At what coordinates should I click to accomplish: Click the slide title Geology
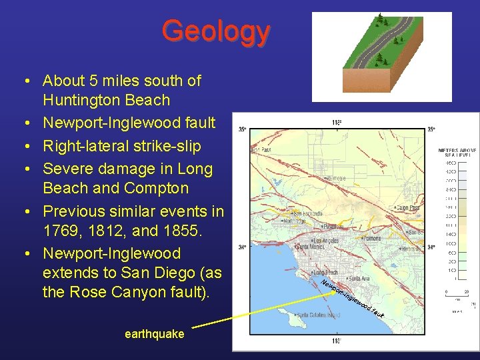(215, 31)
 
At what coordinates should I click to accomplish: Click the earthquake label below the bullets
(154, 334)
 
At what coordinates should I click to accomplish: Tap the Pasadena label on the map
(333, 227)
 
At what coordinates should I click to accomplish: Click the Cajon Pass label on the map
(409, 208)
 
